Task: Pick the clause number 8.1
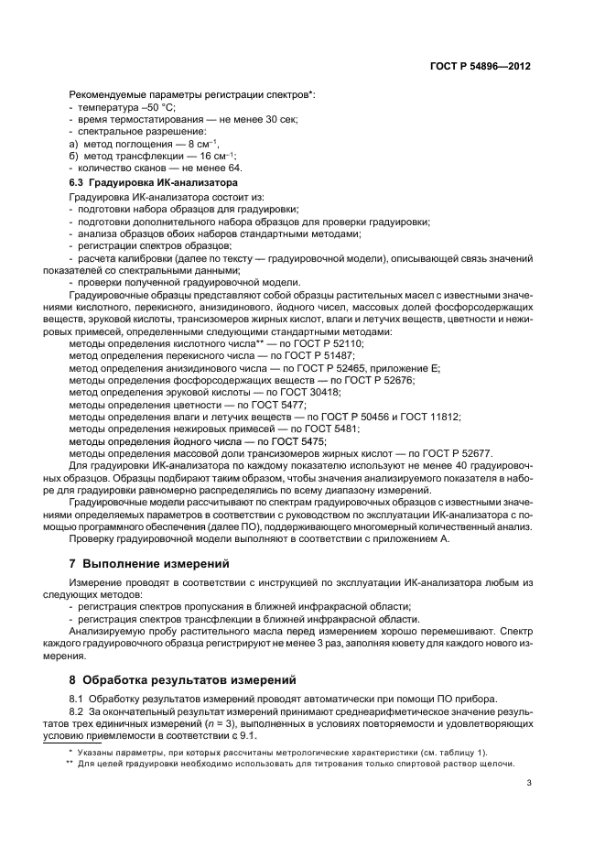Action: (x=77, y=700)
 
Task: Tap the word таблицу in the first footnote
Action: (x=419, y=750)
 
